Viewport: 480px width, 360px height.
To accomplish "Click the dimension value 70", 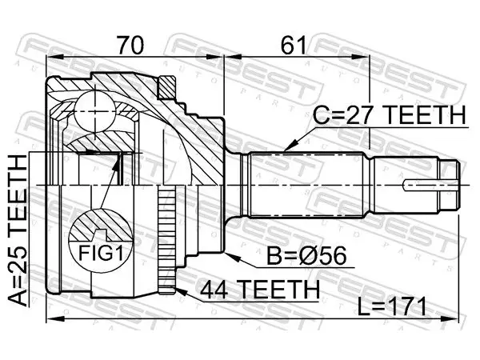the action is click(130, 46).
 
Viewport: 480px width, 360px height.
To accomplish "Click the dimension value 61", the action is click(294, 46).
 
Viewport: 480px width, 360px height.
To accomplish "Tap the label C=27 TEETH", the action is click(389, 114).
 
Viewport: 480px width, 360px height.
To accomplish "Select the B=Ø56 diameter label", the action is click(306, 256).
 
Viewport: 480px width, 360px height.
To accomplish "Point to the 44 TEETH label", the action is click(260, 290).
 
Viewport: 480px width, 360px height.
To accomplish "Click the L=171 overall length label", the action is click(392, 306).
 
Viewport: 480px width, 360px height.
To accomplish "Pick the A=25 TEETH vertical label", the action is click(18, 230).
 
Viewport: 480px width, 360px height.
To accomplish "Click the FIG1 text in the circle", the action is click(101, 253).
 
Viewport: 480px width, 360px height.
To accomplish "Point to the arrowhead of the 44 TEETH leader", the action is click(181, 291).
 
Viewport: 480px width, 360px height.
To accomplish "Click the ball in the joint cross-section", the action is click(95, 111).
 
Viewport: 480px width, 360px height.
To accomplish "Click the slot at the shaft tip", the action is click(430, 186).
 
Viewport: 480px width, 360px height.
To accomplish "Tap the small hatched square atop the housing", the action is click(167, 87).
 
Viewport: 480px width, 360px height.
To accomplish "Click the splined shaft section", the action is click(308, 185).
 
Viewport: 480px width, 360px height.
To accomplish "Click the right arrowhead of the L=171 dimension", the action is click(450, 319).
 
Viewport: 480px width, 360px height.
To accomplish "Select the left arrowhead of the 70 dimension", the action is click(54, 57).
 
